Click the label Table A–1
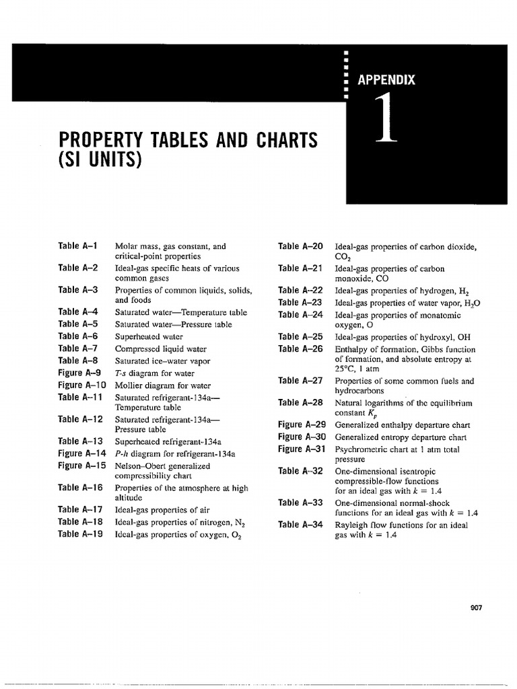point(78,246)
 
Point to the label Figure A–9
point(79,373)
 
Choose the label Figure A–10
point(82,386)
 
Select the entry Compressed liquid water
point(160,349)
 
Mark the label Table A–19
point(80,534)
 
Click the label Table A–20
point(300,246)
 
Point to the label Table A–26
point(300,349)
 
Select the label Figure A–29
point(302,425)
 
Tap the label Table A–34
point(300,524)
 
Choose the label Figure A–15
point(82,465)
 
